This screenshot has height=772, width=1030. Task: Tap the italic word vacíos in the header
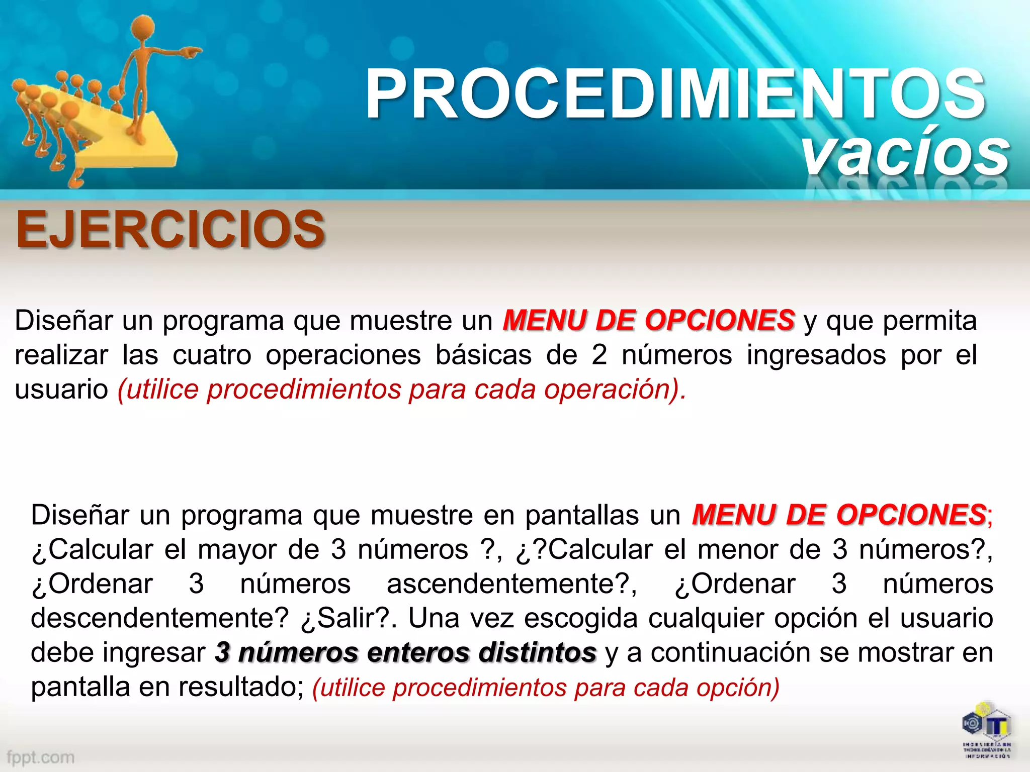point(905,153)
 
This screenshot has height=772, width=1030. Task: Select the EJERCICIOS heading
point(170,230)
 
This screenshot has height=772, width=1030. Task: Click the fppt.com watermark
point(41,757)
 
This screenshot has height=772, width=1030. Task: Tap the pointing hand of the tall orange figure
point(191,51)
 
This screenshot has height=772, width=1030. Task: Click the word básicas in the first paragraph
point(483,355)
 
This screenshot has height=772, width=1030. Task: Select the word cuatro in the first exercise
point(212,355)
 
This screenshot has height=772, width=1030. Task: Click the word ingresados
point(816,355)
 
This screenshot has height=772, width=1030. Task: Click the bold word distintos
point(537,652)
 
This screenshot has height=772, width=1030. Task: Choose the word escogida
point(581,618)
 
